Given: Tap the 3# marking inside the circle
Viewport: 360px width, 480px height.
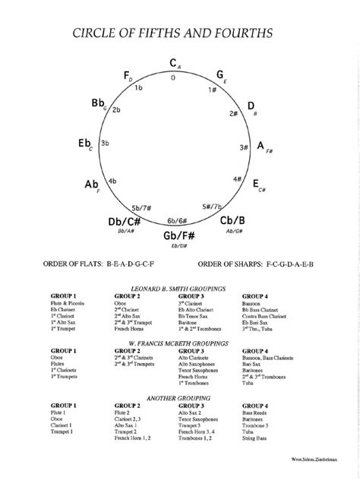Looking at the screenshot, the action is coord(245,147).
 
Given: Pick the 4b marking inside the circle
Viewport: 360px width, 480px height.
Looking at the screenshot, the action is coord(112,181).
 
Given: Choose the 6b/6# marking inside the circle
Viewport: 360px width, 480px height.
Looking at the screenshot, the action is coord(177,219).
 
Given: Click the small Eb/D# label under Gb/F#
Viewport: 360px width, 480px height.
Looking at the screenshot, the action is coord(178,246).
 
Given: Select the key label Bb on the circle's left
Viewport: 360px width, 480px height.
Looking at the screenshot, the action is coord(99,102).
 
